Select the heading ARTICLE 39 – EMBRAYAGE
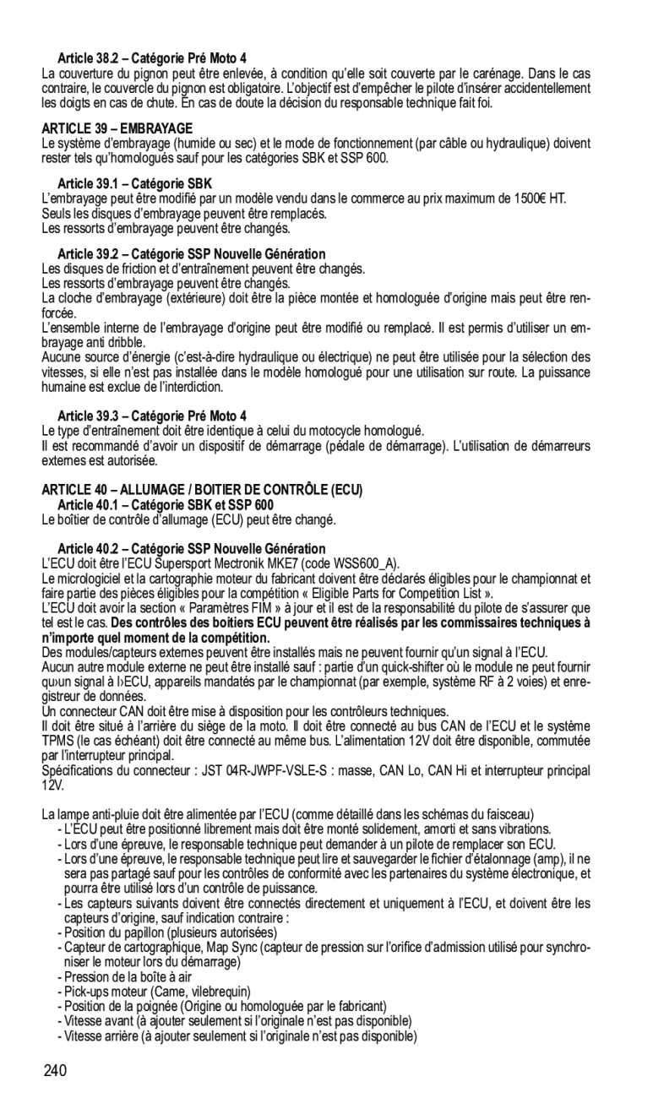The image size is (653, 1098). coord(117,128)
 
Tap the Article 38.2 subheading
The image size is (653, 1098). coord(152,58)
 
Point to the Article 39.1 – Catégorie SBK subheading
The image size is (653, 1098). coord(134,183)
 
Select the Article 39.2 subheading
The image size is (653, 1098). coord(191,253)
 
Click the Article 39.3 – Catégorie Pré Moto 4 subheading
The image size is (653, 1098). coord(152,416)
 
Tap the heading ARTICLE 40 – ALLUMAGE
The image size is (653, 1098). coord(202,489)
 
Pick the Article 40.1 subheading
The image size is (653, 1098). coord(153,503)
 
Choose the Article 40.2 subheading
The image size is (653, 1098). coord(191,548)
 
